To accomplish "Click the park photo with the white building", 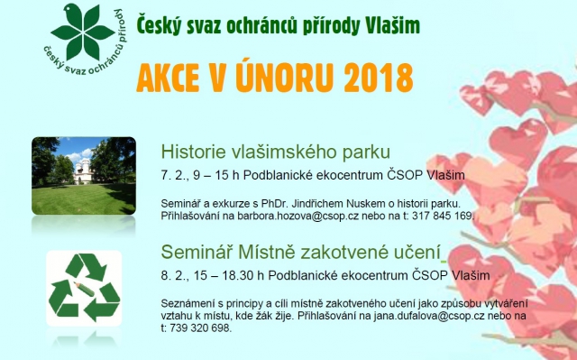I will (x=84, y=175).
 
